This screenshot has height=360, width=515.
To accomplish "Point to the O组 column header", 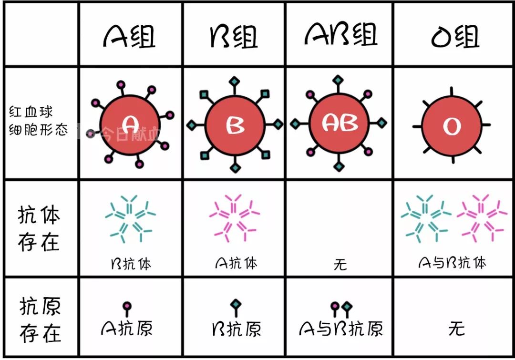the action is tap(455, 36).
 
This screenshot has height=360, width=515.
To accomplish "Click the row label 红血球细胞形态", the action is tap(38, 121).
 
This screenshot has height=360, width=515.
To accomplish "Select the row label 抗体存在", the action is tap(39, 228).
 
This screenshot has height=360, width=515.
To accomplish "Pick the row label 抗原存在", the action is tap(40, 319).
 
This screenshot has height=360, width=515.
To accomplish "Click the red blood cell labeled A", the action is tap(130, 125).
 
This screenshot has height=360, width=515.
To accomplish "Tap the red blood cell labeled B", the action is tap(235, 125).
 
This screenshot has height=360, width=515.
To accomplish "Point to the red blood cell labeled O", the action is tap(452, 125).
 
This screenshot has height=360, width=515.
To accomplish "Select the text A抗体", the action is tap(236, 263).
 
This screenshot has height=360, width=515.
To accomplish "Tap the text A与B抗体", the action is tap(452, 263).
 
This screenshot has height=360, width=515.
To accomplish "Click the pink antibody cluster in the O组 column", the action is tap(482, 218).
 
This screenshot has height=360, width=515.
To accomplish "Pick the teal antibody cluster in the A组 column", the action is tap(130, 218).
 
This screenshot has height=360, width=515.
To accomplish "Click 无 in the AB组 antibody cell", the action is tap(340, 265).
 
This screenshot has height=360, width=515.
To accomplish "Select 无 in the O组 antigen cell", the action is tap(456, 329).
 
